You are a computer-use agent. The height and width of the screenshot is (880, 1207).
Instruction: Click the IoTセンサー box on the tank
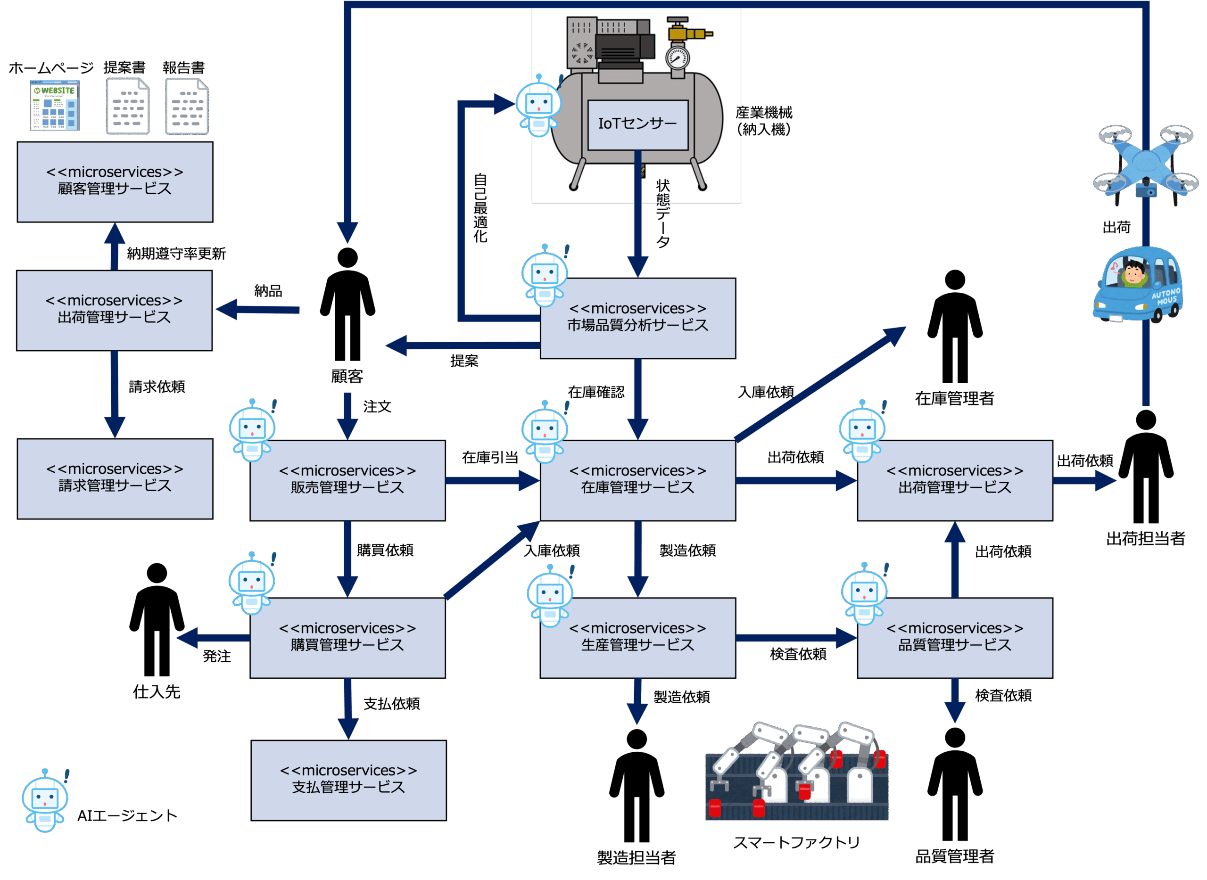pyautogui.click(x=637, y=124)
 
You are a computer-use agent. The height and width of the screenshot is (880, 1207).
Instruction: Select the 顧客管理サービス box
pyautogui.click(x=115, y=181)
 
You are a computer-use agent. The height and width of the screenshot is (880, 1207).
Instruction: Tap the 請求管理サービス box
pyautogui.click(x=115, y=478)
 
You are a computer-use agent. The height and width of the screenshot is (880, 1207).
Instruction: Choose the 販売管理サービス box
pyautogui.click(x=347, y=480)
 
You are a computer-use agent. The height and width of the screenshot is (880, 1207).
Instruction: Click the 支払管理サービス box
pyautogui.click(x=348, y=780)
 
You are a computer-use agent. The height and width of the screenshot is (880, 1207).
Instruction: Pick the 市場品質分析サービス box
pyautogui.click(x=638, y=318)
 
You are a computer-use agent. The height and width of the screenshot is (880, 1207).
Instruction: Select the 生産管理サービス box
pyautogui.click(x=638, y=638)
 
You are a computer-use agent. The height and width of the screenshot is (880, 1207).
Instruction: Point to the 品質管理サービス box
pyautogui.click(x=955, y=638)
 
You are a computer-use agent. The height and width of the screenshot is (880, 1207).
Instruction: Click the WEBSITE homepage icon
pyautogui.click(x=55, y=106)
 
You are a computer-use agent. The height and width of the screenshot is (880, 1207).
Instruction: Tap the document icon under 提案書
pyautogui.click(x=128, y=106)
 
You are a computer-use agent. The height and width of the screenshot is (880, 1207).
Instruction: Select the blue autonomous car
pyautogui.click(x=1138, y=284)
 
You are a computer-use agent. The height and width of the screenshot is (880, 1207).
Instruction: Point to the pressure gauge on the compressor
pyautogui.click(x=678, y=58)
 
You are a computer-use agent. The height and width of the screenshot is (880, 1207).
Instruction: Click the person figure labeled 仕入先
pyautogui.click(x=157, y=619)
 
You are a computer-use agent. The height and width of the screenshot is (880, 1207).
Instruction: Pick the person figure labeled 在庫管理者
pyautogui.click(x=955, y=326)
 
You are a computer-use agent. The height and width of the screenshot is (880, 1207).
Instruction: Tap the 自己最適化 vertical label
pyautogui.click(x=480, y=208)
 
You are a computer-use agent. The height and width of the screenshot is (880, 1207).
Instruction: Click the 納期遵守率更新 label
pyautogui.click(x=176, y=254)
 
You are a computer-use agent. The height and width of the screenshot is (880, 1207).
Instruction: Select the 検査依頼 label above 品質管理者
pyautogui.click(x=1003, y=695)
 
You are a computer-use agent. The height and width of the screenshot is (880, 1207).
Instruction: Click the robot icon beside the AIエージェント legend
pyautogui.click(x=45, y=800)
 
